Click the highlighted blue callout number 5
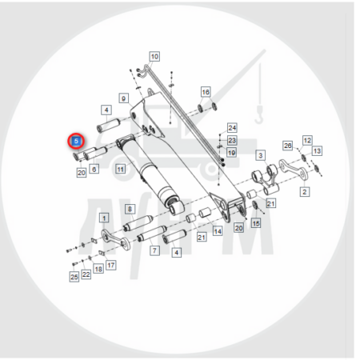click(76, 141)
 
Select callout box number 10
click(154, 57)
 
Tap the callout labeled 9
click(123, 98)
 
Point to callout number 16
click(206, 92)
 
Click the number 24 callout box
click(232, 128)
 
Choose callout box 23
click(232, 140)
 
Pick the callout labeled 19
click(231, 153)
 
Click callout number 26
click(287, 146)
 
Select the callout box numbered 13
click(317, 151)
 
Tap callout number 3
click(261, 155)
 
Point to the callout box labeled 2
click(305, 191)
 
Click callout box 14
click(218, 231)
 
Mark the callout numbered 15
click(256, 223)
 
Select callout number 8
click(130, 209)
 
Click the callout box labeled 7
click(154, 250)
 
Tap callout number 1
click(104, 218)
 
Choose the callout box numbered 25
click(74, 277)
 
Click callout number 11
click(121, 169)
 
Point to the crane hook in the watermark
click(259, 115)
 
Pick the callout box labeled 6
click(94, 169)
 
